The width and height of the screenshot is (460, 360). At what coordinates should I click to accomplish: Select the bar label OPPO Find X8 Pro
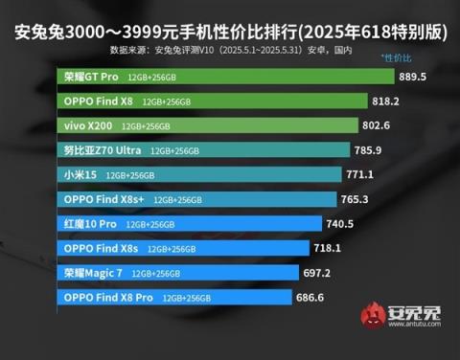coord(108,298)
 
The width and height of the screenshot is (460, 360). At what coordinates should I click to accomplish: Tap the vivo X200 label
coord(91,124)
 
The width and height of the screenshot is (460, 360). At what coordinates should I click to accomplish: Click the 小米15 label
coord(80,174)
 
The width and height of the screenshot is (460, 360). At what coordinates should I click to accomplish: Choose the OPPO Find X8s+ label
coord(103,199)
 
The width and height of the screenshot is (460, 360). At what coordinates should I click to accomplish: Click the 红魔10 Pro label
coord(90,223)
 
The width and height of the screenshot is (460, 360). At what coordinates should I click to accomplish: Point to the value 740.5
coord(340,224)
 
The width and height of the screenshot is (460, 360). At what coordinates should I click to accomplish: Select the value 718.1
coord(328,248)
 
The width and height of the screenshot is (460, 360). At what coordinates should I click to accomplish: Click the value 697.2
coord(315,273)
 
